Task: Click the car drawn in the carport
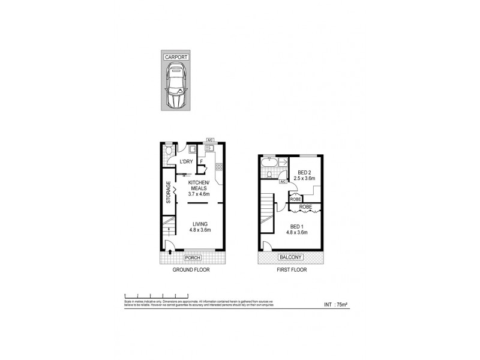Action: (x=176, y=88)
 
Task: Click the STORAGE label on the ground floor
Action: (x=169, y=192)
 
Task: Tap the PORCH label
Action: (x=193, y=258)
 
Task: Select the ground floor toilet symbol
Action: (x=169, y=151)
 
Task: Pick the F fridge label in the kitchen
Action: (x=202, y=161)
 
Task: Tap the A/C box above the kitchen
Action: (x=210, y=140)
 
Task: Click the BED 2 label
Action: (x=305, y=172)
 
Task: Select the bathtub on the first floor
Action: (x=269, y=161)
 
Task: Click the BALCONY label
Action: (x=290, y=258)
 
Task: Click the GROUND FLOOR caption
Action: (x=192, y=270)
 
